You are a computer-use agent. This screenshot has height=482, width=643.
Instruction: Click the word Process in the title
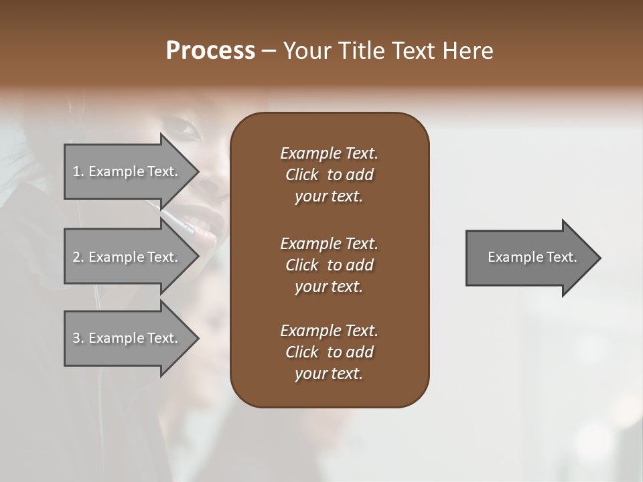(x=210, y=51)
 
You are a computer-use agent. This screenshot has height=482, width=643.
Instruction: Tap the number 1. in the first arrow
(x=78, y=171)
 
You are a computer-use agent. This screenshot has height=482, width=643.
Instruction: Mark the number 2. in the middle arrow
(x=78, y=257)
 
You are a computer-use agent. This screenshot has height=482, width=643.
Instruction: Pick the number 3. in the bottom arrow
(x=78, y=338)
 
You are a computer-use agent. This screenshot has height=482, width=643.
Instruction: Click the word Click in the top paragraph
(x=301, y=175)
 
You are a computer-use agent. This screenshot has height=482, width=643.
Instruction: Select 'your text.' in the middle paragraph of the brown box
(x=328, y=287)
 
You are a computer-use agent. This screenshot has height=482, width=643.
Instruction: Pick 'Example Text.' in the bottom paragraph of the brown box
(x=329, y=331)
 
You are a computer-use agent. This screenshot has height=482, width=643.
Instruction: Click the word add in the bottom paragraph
(x=360, y=352)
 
